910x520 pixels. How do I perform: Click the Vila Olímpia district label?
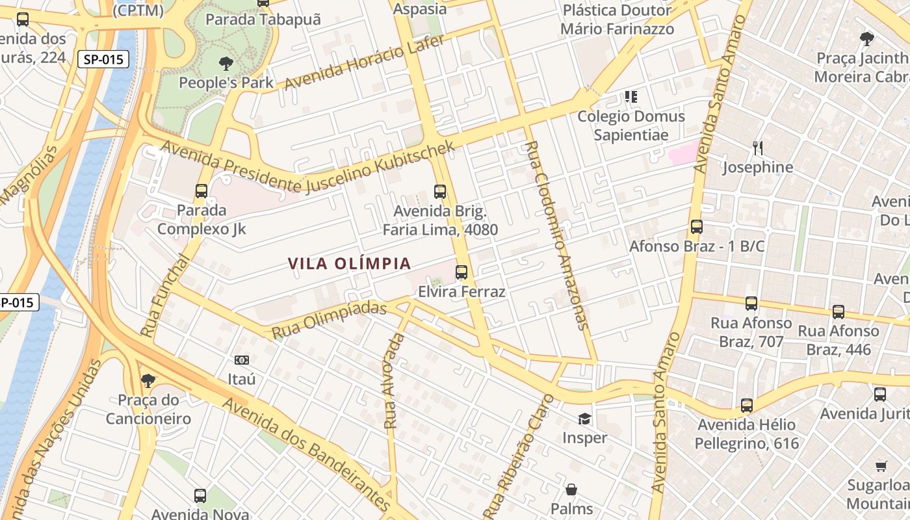tap(350, 263)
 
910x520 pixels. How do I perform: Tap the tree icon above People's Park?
tap(226, 64)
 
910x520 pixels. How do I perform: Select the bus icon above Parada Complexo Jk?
tap(201, 191)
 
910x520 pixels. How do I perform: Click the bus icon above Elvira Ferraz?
tap(461, 272)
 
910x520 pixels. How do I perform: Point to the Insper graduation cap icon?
tap(584, 419)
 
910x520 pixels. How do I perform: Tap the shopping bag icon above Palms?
tap(571, 489)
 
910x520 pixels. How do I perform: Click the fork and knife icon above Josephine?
tap(757, 148)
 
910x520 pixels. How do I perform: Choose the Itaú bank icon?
tap(241, 360)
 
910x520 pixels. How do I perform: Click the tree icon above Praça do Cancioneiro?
tap(148, 380)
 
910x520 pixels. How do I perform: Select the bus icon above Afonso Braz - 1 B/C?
tap(697, 227)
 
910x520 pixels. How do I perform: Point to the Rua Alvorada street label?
tap(394, 382)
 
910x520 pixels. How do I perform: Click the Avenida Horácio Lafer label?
tap(365, 62)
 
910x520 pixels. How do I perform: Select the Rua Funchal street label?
tap(159, 296)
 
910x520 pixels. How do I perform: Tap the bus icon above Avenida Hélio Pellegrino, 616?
tap(747, 406)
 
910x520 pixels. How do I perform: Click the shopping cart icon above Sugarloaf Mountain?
tap(881, 466)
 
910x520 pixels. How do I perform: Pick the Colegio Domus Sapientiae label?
tap(631, 125)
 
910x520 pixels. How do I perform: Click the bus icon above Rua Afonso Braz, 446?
tap(838, 312)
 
